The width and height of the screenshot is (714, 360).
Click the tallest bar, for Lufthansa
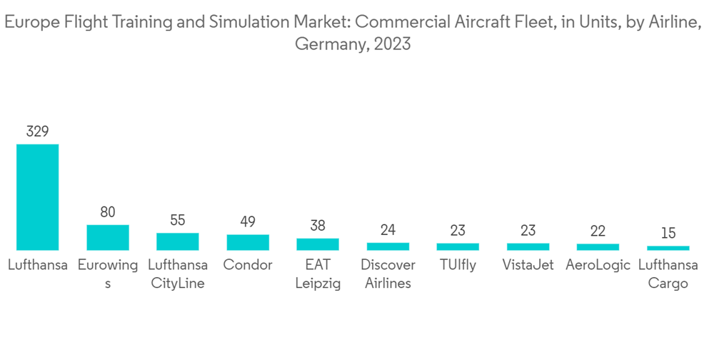coord(38,197)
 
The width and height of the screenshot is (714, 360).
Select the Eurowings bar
coord(108,237)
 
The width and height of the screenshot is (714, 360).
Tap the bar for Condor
coord(248,242)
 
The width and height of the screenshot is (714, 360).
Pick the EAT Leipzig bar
coord(318,244)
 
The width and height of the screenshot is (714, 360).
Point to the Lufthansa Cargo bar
coord(668,248)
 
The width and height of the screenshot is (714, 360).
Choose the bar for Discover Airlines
coord(388,246)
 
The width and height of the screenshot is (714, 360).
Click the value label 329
coord(38,131)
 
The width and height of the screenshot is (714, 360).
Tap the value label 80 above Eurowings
coord(108,212)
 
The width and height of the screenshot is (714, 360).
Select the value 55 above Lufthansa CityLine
coord(178,221)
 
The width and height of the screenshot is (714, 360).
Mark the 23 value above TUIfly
coord(458,231)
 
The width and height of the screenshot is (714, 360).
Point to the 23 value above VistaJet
coord(528,231)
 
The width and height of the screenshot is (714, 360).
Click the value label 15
coord(668,234)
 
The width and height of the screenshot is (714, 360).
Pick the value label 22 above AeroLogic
coord(598,231)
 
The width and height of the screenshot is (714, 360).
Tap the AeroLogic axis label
coord(598,265)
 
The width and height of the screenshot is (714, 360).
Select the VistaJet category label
coord(528,265)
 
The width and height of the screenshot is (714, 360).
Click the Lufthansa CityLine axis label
coord(178,274)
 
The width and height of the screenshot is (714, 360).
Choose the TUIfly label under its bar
coord(458,265)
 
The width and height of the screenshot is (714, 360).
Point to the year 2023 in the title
coord(391,44)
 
